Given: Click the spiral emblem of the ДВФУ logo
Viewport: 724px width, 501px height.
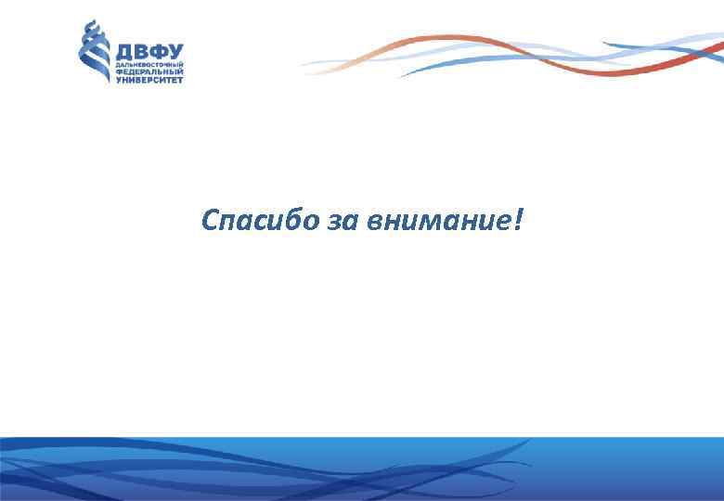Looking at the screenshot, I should [94, 52].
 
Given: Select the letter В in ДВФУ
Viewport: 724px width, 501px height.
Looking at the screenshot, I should [141, 52].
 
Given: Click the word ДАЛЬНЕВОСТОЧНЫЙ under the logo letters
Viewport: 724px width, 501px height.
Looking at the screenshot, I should [149, 65].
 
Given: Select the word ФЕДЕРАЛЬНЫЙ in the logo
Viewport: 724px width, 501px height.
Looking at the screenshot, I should [149, 72].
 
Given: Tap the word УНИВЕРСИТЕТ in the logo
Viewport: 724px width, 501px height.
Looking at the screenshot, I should [149, 80].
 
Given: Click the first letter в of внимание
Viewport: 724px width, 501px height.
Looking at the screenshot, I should [373, 224].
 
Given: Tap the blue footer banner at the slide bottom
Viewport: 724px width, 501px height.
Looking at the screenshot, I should [362, 469].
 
